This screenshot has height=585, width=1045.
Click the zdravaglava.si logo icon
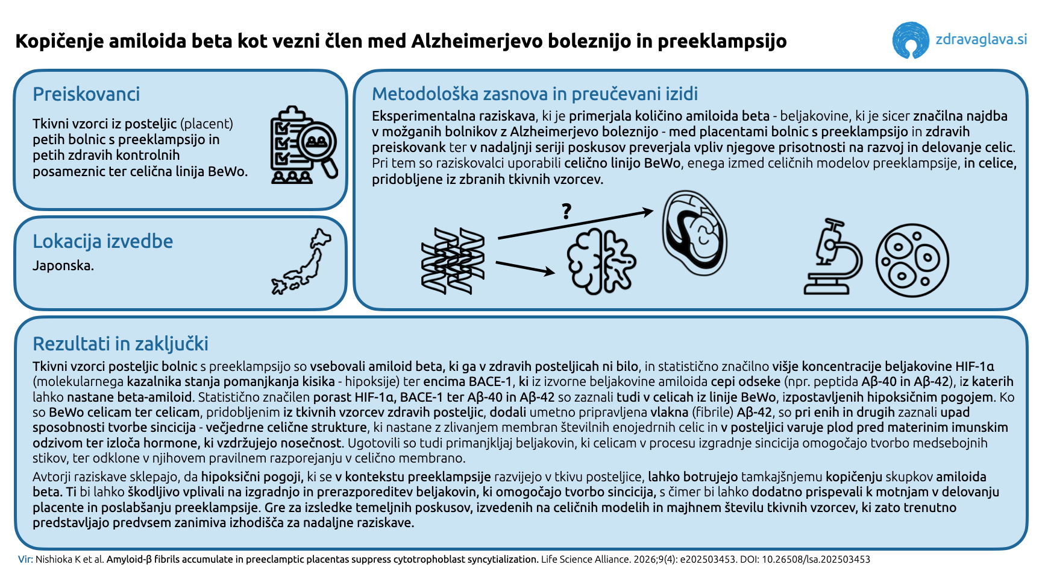pyautogui.click(x=910, y=40)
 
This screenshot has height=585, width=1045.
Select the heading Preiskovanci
pyautogui.click(x=86, y=94)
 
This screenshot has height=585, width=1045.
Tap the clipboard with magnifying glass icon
pyautogui.click(x=303, y=145)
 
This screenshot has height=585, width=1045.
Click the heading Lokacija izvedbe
pyautogui.click(x=102, y=241)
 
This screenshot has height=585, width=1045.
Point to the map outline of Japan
pyautogui.click(x=302, y=262)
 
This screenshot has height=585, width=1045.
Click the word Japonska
pyautogui.click(x=63, y=265)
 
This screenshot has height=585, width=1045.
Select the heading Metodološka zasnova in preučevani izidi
pyautogui.click(x=535, y=94)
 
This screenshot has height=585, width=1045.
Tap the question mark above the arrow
pyautogui.click(x=566, y=211)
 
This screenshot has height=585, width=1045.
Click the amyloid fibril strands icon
pyautogui.click(x=453, y=261)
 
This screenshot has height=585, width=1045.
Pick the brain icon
pyautogui.click(x=601, y=261)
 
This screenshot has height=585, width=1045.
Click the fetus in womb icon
pyautogui.click(x=694, y=233)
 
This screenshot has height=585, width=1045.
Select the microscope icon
pyautogui.click(x=832, y=258)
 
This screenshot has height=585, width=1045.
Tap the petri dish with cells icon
pyautogui.click(x=912, y=261)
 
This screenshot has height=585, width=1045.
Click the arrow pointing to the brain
pyautogui.click(x=524, y=268)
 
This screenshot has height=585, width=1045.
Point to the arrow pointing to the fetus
pyautogui.click(x=576, y=224)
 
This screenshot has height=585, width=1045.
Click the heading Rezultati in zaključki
pyautogui.click(x=120, y=344)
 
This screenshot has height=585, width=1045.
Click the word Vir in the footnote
pyautogui.click(x=25, y=559)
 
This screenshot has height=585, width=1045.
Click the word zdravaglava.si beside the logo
pyautogui.click(x=981, y=40)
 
